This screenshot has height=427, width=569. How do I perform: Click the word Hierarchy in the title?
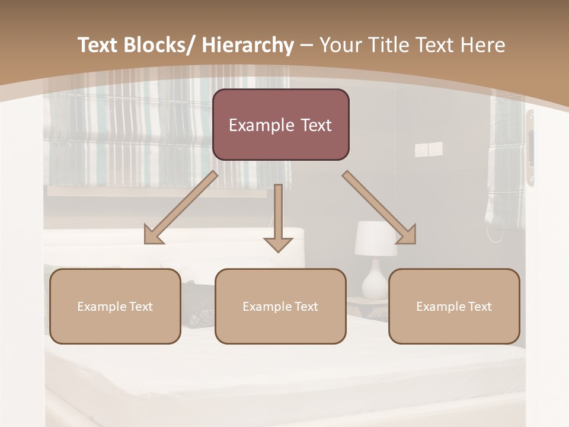(248, 45)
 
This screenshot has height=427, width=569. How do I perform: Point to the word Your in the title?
(340, 45)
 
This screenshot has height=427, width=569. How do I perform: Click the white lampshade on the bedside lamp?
(376, 239)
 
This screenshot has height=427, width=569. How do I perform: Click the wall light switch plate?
(428, 149)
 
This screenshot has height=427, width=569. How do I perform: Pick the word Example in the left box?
(101, 307)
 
